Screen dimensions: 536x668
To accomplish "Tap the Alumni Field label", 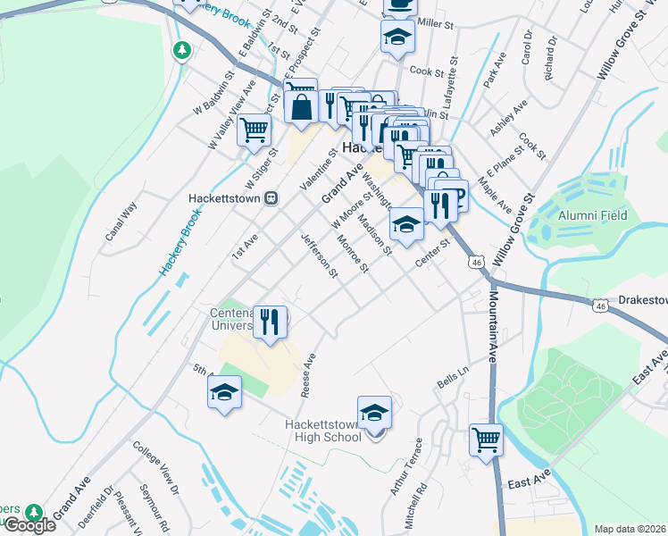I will coord(593,215).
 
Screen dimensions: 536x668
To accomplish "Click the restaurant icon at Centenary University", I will coord(270,321).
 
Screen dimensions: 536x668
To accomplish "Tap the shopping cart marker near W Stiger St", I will coord(255,130).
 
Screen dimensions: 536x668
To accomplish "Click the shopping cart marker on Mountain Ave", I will coord(486,439).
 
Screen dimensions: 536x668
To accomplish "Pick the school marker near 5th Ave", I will coord(224,391).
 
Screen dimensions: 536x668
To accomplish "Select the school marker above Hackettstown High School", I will coord(374,412).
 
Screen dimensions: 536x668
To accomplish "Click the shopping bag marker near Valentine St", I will coord(301,106).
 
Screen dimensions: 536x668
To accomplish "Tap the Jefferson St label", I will coord(320,255).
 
